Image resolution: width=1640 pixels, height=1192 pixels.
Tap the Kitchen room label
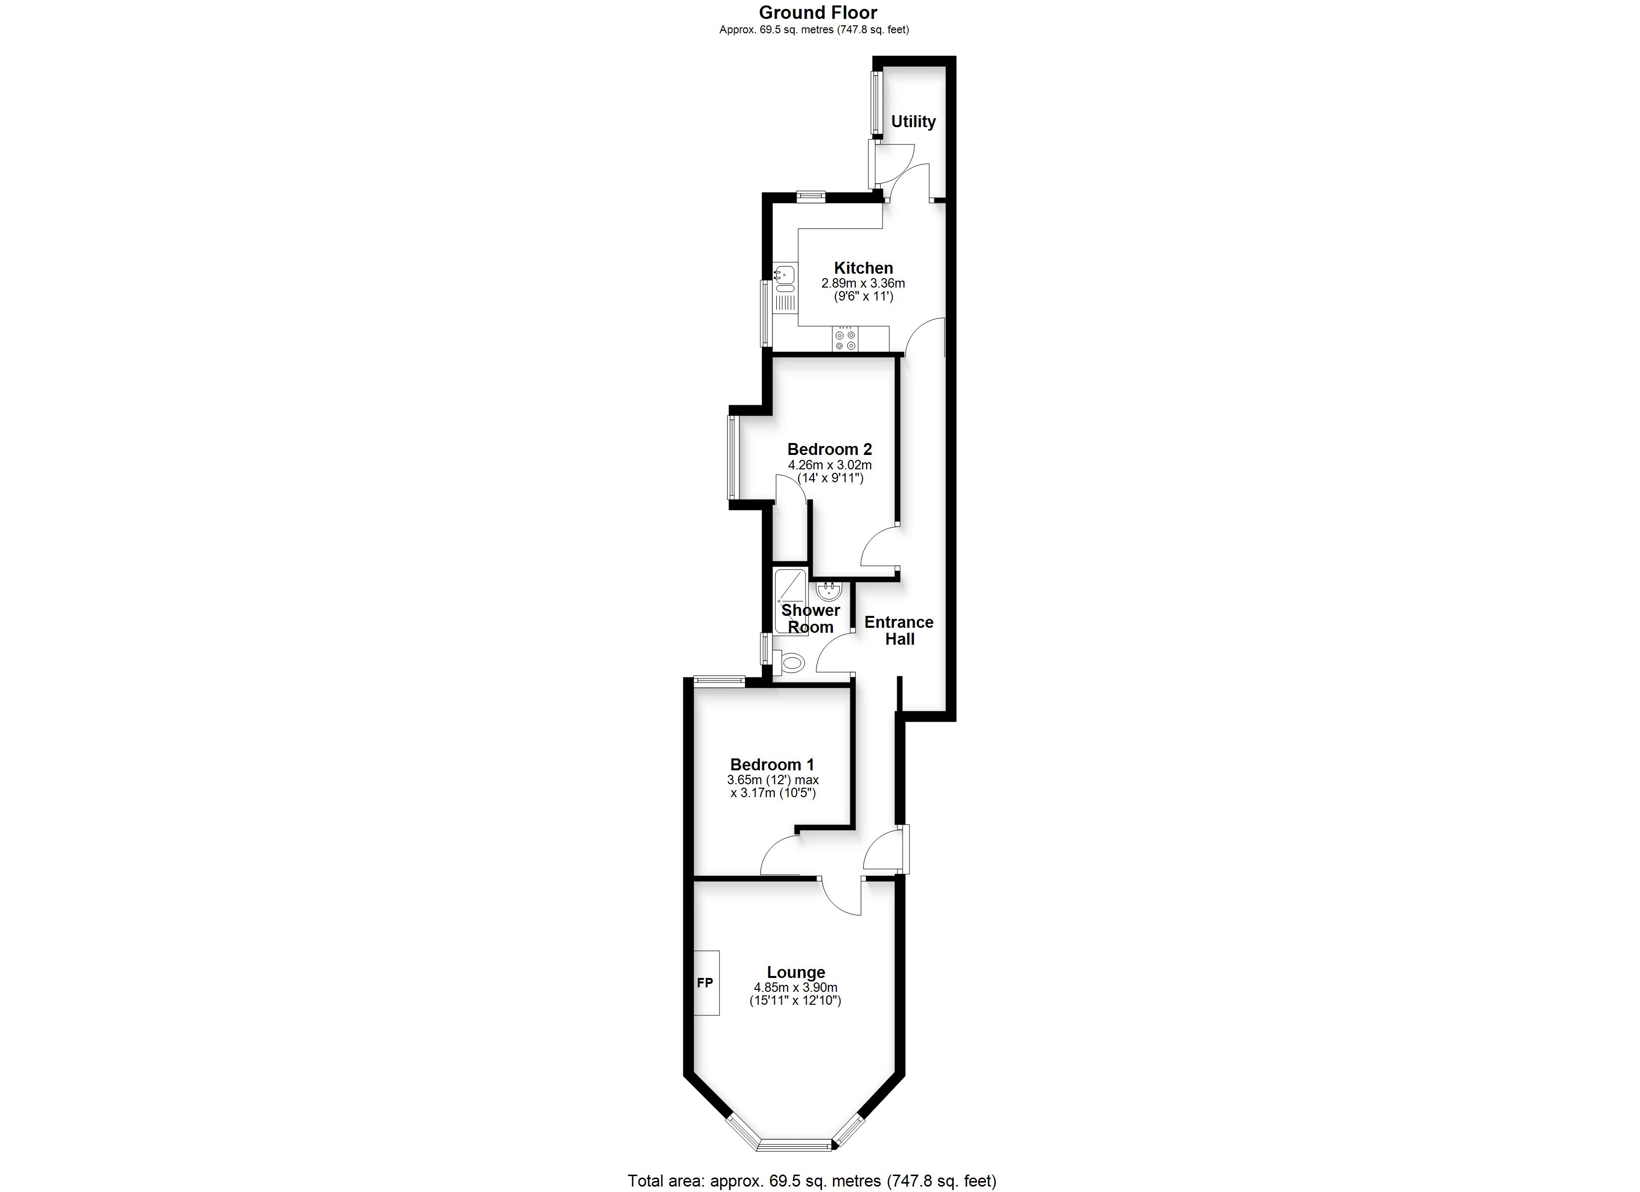pos(863,268)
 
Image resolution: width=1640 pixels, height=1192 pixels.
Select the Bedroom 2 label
pos(829,449)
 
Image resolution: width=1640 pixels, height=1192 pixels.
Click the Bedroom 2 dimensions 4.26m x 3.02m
pos(829,465)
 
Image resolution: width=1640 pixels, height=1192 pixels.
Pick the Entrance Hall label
pos(899,630)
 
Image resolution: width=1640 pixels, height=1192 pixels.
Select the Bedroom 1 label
pos(772,765)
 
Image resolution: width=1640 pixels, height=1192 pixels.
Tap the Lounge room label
pos(796,972)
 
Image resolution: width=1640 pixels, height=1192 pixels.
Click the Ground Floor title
pos(818,12)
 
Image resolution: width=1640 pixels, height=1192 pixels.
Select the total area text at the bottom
pos(812,1181)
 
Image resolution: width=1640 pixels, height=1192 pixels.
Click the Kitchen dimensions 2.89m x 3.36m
pos(863,284)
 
